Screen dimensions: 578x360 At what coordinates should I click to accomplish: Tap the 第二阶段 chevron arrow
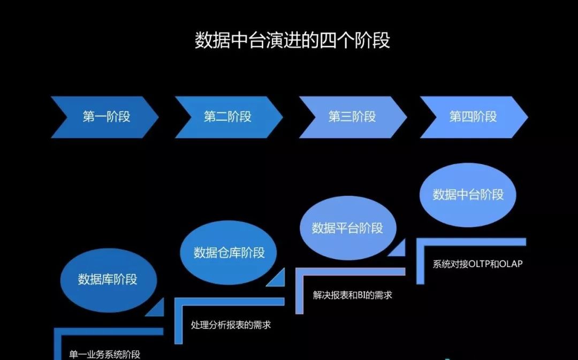[227, 117]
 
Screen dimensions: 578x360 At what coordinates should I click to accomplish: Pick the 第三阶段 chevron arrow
[352, 117]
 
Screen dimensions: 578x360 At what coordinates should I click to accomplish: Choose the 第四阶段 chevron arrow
[473, 117]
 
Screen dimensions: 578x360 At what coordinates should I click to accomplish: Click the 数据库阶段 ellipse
[108, 279]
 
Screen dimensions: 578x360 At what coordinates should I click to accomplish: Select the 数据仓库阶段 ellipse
[229, 252]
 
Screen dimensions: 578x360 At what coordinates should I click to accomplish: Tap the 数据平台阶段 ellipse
[347, 228]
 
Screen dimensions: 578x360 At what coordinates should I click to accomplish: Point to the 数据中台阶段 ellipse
[468, 194]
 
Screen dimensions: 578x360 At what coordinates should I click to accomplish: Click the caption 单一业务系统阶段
[104, 355]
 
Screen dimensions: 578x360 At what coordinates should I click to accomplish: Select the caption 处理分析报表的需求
[231, 325]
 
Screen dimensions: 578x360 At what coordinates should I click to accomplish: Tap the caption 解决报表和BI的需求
[352, 295]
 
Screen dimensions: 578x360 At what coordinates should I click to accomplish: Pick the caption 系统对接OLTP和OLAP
[477, 264]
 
